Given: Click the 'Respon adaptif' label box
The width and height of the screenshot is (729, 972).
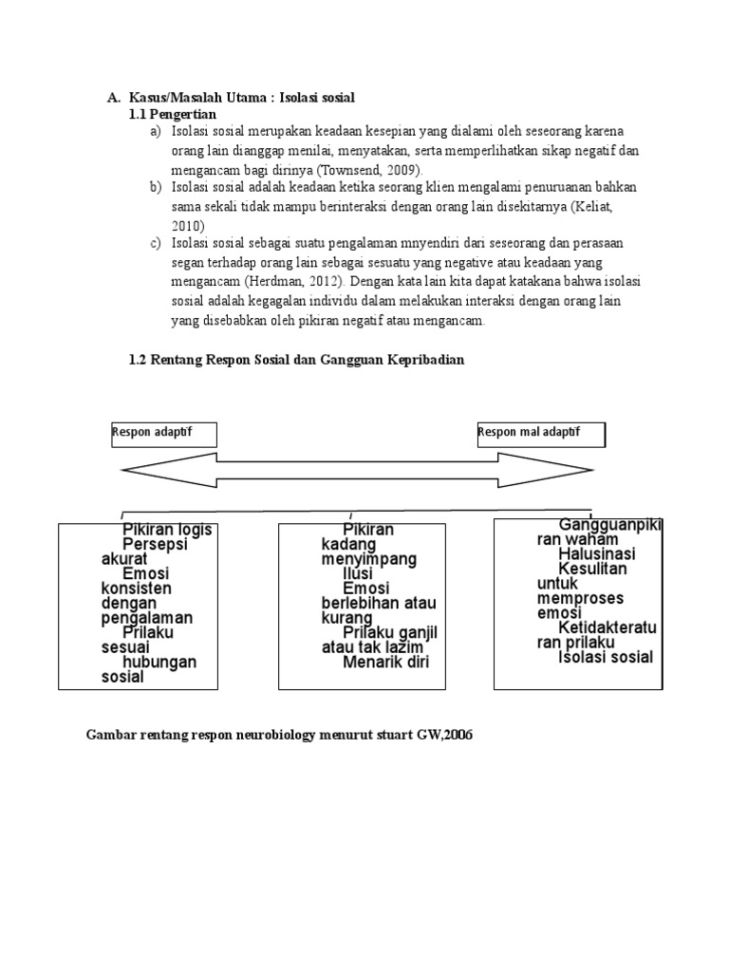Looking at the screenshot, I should click(x=164, y=434).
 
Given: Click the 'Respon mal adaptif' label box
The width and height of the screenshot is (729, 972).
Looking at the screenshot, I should click(x=540, y=434).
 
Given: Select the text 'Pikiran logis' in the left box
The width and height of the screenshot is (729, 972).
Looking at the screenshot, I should click(x=167, y=530).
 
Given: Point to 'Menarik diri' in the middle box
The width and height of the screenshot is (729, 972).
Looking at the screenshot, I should click(x=386, y=663).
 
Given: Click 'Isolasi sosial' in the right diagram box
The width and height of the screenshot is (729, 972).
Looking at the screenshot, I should click(x=606, y=657).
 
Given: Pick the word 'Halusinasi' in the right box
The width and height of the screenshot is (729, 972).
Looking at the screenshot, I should click(x=597, y=553).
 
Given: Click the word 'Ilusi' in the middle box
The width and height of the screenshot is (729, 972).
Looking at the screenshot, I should click(x=358, y=574).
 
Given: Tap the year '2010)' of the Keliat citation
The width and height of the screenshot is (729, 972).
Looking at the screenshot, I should click(x=188, y=225).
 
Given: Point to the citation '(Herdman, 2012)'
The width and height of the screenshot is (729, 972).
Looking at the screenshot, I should click(x=294, y=282).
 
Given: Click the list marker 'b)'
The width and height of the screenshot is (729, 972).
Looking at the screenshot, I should click(x=156, y=187).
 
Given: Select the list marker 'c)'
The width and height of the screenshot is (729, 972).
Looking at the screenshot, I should click(x=156, y=244).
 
